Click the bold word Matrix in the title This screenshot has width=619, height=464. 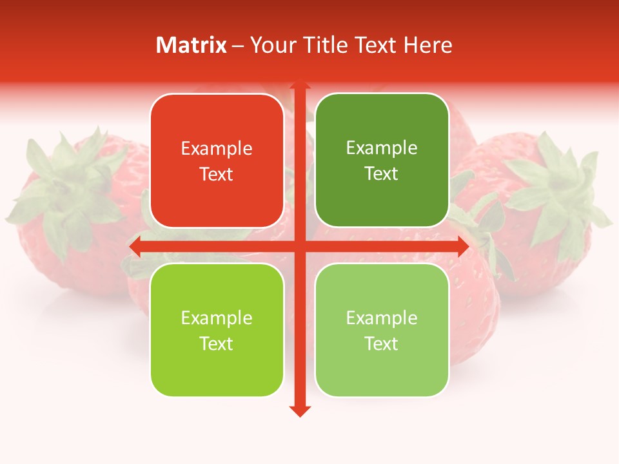(x=192, y=45)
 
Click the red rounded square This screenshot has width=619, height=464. (x=217, y=161)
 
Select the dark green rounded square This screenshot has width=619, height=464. (x=382, y=160)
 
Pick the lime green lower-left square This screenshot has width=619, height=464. (x=217, y=330)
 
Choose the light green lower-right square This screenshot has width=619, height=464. (x=382, y=330)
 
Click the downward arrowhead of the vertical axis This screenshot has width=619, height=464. (x=300, y=411)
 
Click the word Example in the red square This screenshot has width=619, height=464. (x=217, y=149)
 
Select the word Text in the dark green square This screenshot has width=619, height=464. (x=382, y=174)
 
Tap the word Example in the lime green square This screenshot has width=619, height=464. (x=217, y=318)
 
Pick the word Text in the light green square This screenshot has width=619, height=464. (x=382, y=343)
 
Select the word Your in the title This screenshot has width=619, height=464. (x=271, y=45)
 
